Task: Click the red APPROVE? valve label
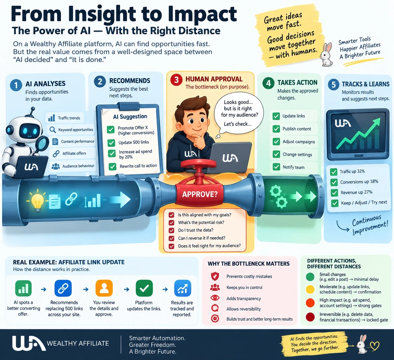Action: pos(200,194)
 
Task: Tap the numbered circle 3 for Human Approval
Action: pos(176,80)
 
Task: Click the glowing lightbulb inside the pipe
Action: pos(37,201)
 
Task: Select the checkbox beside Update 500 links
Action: pos(111,143)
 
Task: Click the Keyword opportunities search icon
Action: pos(53,130)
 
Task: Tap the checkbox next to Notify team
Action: pos(276,167)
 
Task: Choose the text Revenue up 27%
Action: pos(356,192)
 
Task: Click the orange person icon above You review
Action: pos(104,288)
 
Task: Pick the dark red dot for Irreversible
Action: pos(310,317)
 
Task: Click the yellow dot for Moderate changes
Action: pos(310,289)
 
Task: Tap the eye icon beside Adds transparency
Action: pos(215,298)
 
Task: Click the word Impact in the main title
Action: pos(202,14)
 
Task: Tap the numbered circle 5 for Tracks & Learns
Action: pos(334,85)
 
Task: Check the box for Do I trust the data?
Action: pos(171,230)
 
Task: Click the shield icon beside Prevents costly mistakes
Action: pos(215,276)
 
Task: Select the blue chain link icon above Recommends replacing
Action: pos(63,288)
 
